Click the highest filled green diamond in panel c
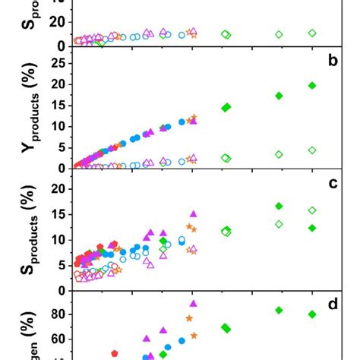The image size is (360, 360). coord(279,206)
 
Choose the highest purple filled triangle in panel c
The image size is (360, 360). coord(193,214)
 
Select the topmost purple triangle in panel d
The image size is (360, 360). coord(193,303)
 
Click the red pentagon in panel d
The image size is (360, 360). coord(115,353)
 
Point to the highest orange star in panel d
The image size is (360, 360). coord(190,318)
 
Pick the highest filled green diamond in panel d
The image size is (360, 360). coord(279,310)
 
